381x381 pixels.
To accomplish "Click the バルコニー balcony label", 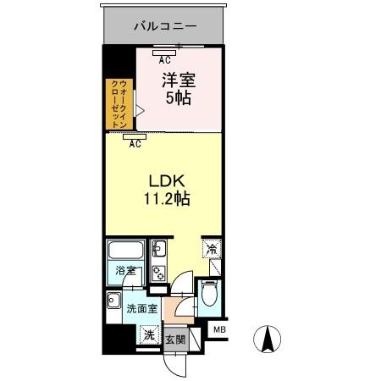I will [x=165, y=26].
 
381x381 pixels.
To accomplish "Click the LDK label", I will [x=166, y=180].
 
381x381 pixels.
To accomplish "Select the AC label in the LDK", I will [x=135, y=145].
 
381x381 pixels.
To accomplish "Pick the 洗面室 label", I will [x=142, y=308].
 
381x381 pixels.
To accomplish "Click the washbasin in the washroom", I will [x=112, y=301].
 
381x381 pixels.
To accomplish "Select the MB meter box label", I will [x=218, y=330].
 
